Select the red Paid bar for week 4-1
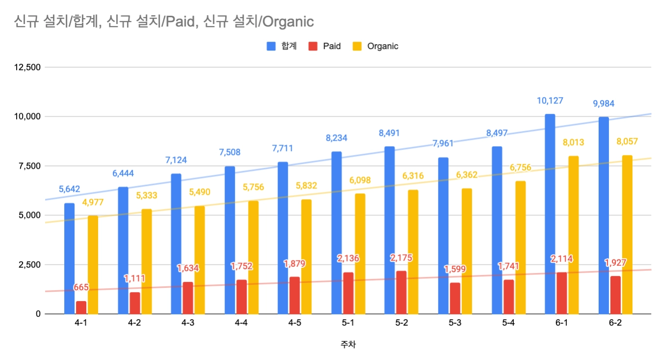point(81,308)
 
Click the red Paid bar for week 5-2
point(401,292)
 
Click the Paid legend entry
point(325,46)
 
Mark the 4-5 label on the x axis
point(294,323)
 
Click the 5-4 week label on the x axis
point(508,323)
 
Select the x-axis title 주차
point(348,344)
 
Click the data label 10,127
point(550,101)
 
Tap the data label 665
point(81,287)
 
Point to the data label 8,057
point(627,142)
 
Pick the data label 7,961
point(443,144)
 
